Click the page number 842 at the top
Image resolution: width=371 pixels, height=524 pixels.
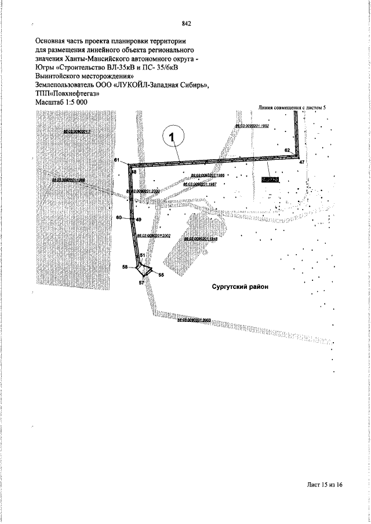pyautogui.click(x=187, y=24)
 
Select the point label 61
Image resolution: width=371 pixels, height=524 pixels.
pyautogui.click(x=117, y=159)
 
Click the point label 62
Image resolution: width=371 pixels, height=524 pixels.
pyautogui.click(x=288, y=150)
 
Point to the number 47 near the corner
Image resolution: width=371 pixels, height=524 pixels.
pyautogui.click(x=301, y=163)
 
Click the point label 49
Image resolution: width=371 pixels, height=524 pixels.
pyautogui.click(x=139, y=220)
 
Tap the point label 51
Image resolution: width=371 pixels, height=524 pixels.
pyautogui.click(x=143, y=255)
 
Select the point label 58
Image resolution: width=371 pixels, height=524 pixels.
pyautogui.click(x=125, y=267)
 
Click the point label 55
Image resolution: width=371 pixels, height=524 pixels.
pyautogui.click(x=161, y=275)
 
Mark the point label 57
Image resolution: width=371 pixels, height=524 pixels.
pyautogui.click(x=141, y=283)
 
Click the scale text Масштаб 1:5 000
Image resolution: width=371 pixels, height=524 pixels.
pyautogui.click(x=63, y=101)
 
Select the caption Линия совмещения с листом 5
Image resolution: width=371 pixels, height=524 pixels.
pyautogui.click(x=297, y=108)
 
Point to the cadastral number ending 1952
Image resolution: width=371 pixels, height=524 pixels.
pyautogui.click(x=253, y=126)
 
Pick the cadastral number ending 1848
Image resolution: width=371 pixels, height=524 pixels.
pyautogui.click(x=201, y=238)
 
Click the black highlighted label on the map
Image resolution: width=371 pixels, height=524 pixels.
pyautogui.click(x=270, y=180)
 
